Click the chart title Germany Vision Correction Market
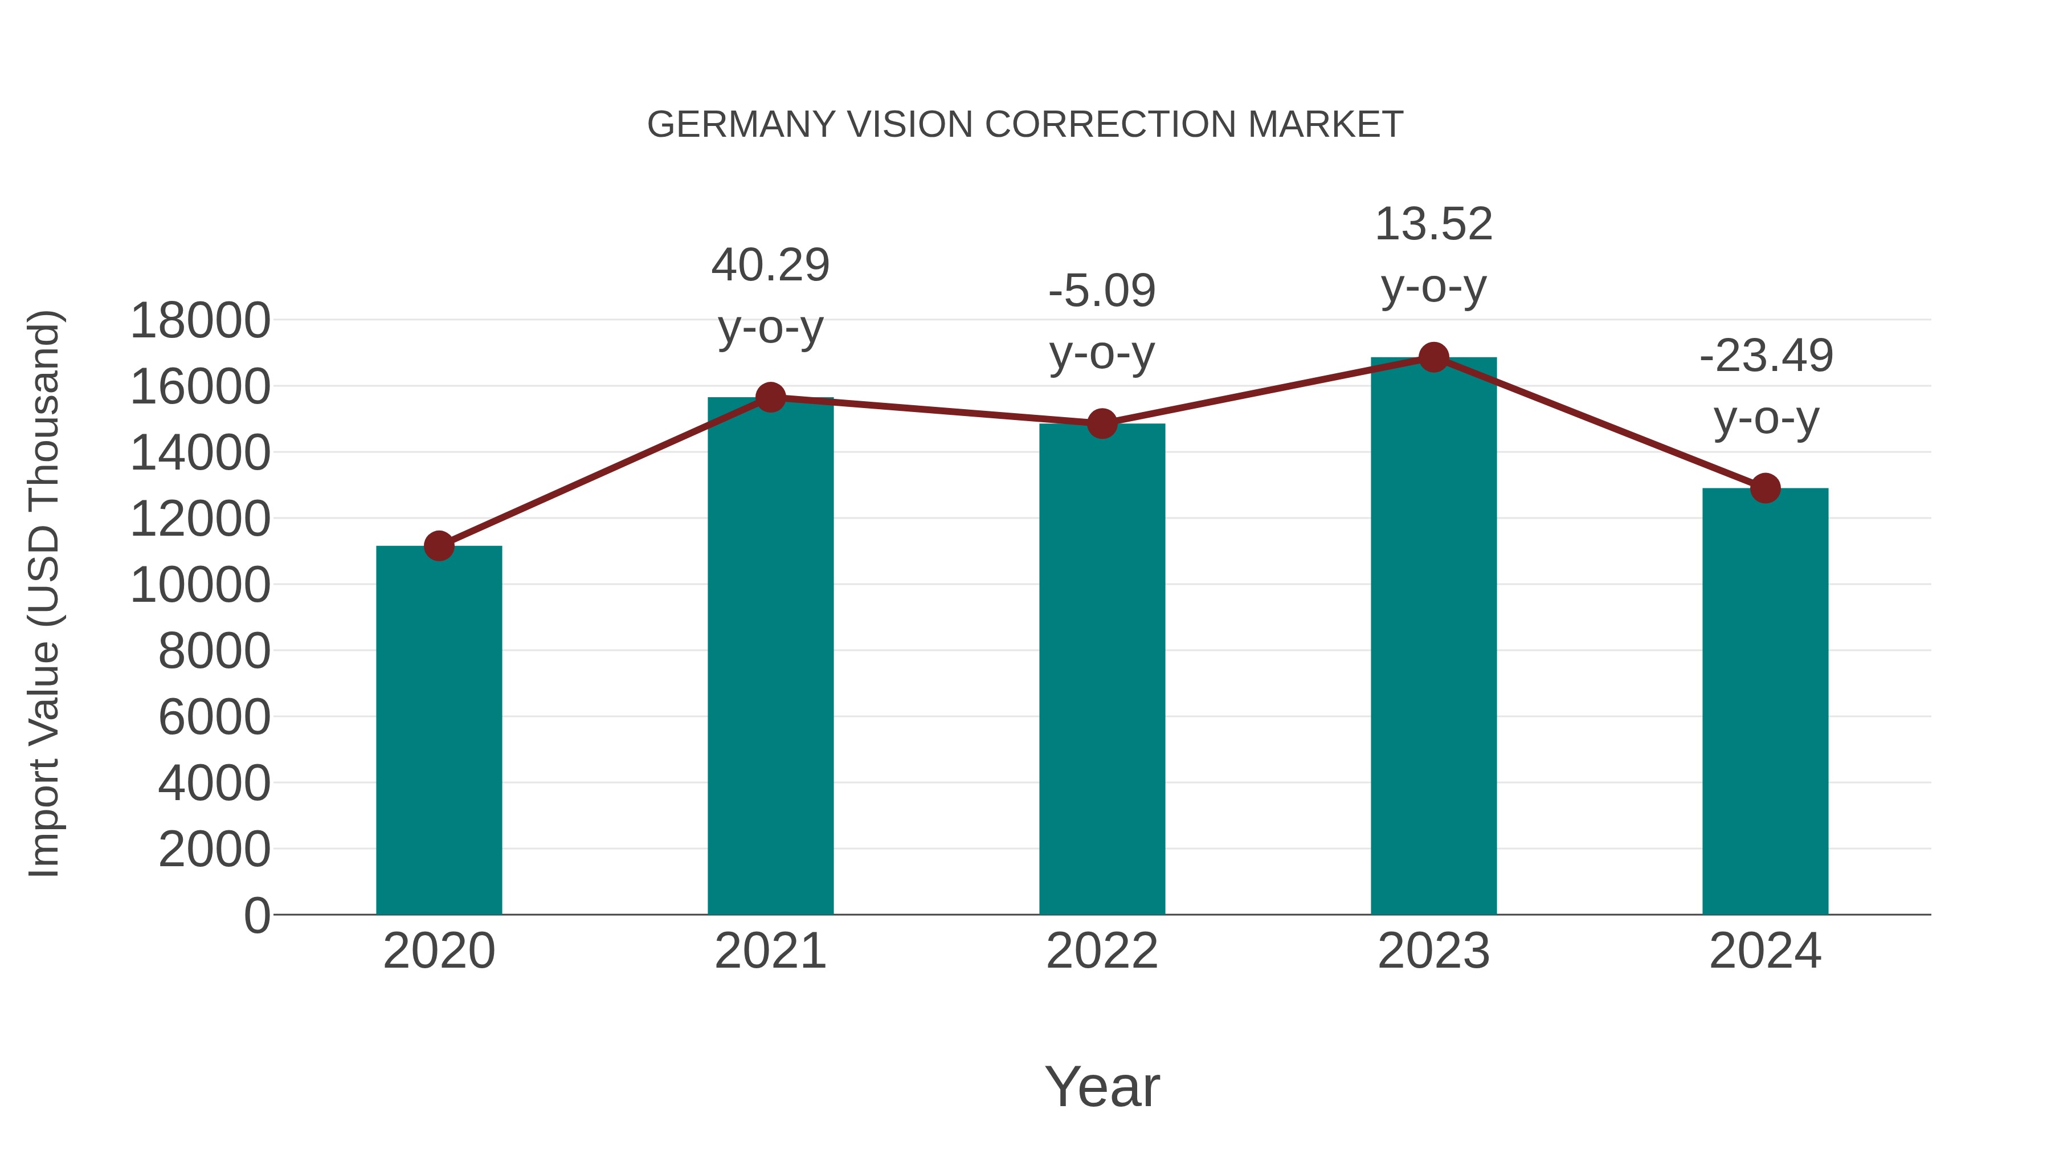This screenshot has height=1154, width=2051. (x=1025, y=125)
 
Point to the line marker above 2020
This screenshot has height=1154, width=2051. (x=439, y=547)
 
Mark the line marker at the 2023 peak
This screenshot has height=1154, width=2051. (x=1433, y=357)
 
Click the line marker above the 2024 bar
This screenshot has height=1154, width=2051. (x=1765, y=488)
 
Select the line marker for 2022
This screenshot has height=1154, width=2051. (x=1102, y=423)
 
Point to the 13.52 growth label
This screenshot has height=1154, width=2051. (x=1433, y=255)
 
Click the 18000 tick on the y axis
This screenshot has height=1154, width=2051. (x=200, y=321)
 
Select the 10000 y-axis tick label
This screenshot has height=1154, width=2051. (x=200, y=585)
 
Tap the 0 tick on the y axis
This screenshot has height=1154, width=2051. (x=256, y=915)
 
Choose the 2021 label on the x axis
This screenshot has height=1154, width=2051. (x=770, y=951)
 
